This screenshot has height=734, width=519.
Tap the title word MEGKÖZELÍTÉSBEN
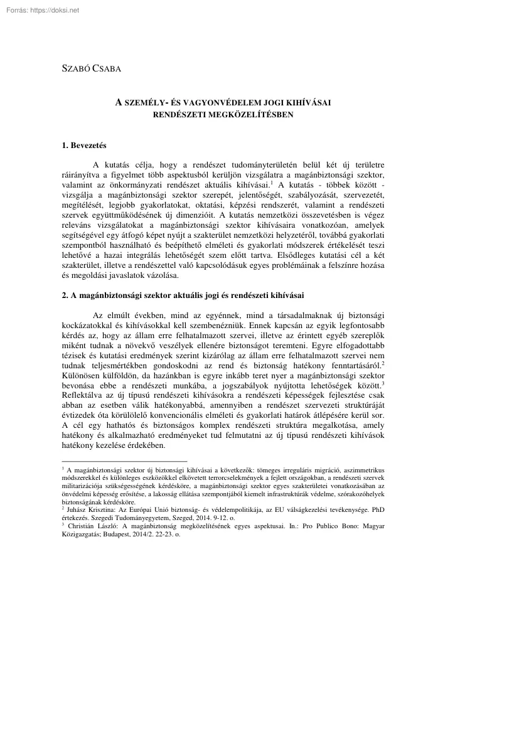254,115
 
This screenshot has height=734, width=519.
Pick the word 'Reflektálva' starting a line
84,394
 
